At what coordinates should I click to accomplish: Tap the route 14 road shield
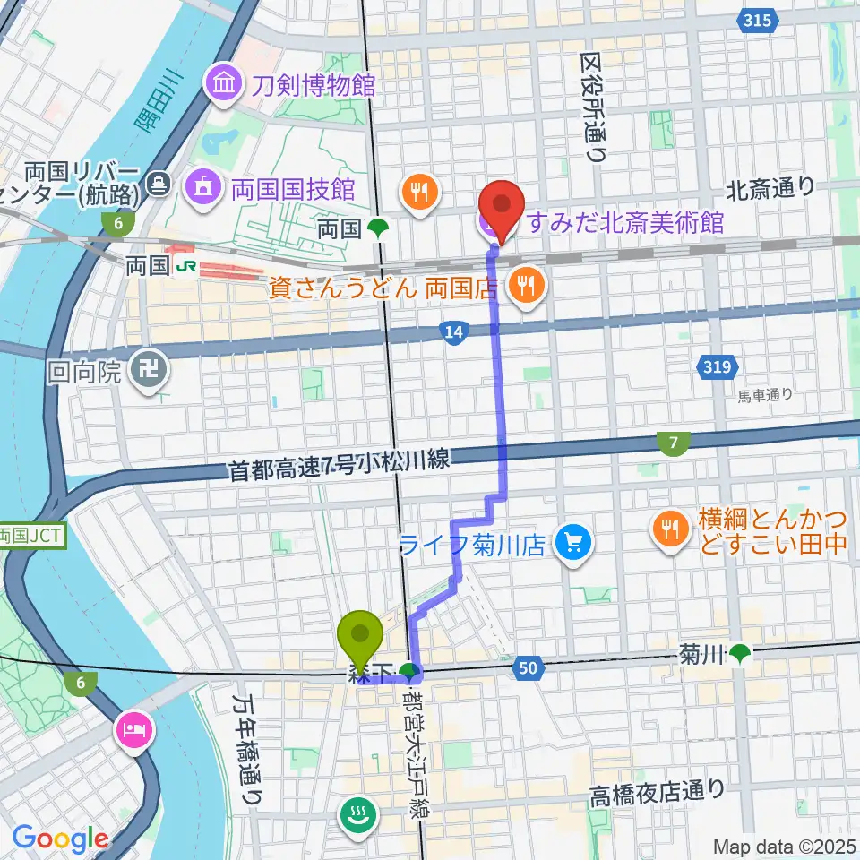click(455, 333)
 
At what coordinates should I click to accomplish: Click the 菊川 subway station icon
click(740, 655)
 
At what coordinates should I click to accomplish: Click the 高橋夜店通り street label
click(657, 792)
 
